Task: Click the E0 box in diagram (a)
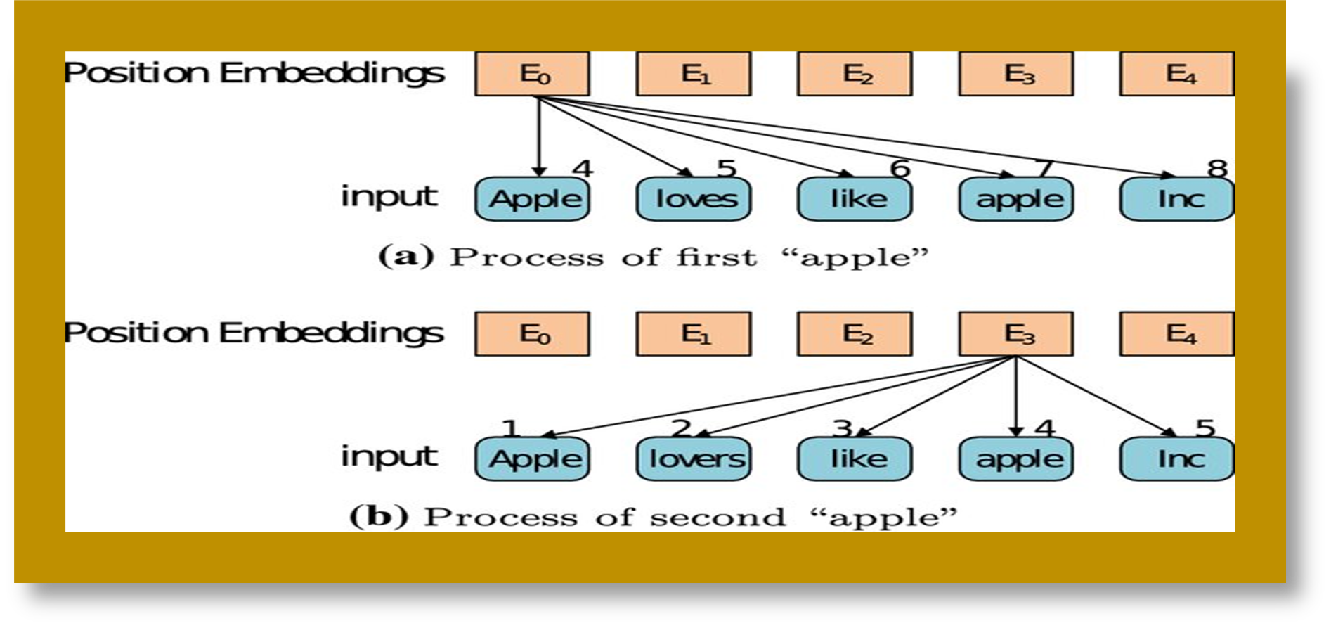point(532,74)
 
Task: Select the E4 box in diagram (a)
point(1177,74)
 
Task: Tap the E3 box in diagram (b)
point(1016,334)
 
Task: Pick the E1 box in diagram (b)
point(694,334)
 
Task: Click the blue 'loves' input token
point(694,199)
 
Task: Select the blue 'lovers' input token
point(694,459)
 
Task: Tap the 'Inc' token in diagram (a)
point(1177,199)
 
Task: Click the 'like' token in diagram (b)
point(855,459)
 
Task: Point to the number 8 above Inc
point(1216,169)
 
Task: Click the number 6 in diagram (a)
point(900,169)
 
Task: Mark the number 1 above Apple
point(510,428)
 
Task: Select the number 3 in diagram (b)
point(842,428)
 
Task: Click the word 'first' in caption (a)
point(717,257)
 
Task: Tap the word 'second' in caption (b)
point(718,518)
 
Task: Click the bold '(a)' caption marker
point(406,256)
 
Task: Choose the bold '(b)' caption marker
point(379,517)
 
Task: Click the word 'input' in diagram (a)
point(389,197)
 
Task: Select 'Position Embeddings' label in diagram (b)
point(254,333)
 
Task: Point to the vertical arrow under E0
point(539,137)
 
